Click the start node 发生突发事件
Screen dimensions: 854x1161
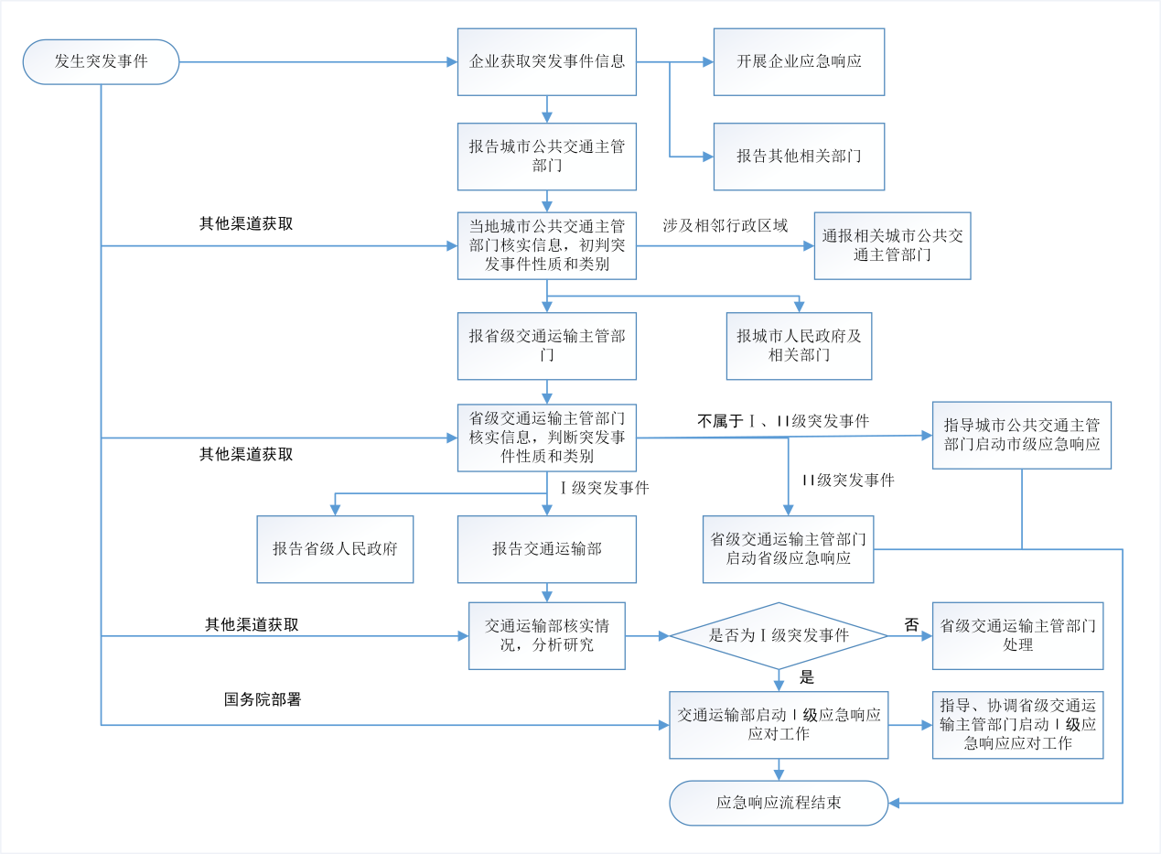click(x=101, y=62)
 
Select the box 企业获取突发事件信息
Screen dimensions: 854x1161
click(x=547, y=62)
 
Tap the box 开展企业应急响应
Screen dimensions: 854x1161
click(x=799, y=62)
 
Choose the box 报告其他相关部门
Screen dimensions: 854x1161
click(x=799, y=157)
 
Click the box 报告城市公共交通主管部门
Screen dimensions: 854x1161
click(x=547, y=157)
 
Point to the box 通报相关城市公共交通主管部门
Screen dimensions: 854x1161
click(x=892, y=245)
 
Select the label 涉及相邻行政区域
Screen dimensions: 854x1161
click(x=725, y=225)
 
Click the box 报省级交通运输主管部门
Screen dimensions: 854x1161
click(x=547, y=346)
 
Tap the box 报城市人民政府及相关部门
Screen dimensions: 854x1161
click(x=799, y=346)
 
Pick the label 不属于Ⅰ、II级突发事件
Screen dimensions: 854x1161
click(x=782, y=421)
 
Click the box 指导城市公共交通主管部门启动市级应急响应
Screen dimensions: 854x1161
click(x=1021, y=435)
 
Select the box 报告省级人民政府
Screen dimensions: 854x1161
click(x=335, y=549)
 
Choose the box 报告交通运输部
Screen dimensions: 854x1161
click(x=547, y=549)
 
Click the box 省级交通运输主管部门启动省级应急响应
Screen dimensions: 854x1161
click(x=788, y=548)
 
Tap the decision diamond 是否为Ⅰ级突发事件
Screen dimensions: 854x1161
click(x=779, y=635)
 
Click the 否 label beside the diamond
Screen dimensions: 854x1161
click(x=911, y=625)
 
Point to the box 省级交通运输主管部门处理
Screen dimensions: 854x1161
click(x=1017, y=635)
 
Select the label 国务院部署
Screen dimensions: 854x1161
click(x=263, y=700)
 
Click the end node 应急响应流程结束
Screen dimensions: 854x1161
click(x=779, y=803)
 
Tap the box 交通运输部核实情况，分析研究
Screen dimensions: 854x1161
click(x=547, y=635)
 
